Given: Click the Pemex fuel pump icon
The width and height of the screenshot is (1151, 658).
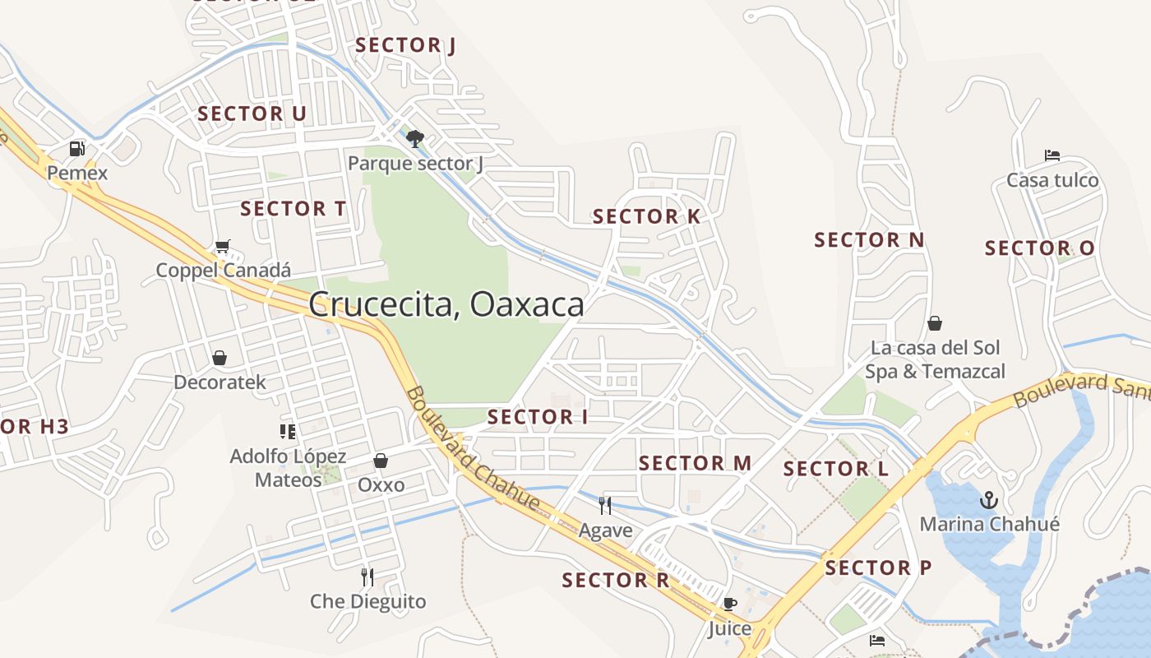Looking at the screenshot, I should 77,149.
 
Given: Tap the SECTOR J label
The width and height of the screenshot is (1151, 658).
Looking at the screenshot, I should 405,45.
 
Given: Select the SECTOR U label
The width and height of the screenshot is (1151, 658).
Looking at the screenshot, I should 252,114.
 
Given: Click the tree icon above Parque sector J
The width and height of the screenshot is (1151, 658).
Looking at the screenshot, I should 415,137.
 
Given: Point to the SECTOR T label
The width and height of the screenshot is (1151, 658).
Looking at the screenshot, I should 294,209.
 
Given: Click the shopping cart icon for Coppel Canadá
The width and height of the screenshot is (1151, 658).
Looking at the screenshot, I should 222,246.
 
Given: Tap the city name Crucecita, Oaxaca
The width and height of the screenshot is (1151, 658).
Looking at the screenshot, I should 446,304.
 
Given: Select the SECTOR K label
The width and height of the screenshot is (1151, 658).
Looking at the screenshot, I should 646,217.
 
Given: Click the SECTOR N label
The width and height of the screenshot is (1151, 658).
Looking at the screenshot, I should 869,240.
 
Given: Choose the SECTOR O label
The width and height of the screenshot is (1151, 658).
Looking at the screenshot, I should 1040,248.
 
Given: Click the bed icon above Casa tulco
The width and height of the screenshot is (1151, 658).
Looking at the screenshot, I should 1052,155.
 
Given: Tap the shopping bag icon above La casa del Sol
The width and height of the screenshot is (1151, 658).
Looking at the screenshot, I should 935,323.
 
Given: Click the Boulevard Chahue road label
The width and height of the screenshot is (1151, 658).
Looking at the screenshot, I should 473,448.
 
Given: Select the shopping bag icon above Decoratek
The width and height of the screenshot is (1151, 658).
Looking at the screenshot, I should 220,358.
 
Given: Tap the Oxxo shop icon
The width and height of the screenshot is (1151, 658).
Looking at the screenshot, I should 381,461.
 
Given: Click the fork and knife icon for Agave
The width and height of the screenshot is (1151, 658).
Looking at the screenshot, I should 605,505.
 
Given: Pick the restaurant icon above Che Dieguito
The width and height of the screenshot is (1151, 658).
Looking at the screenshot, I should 367,577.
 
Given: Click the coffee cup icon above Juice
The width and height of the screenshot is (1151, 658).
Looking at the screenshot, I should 729,604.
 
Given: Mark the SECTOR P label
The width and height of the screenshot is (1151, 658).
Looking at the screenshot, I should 878,568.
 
